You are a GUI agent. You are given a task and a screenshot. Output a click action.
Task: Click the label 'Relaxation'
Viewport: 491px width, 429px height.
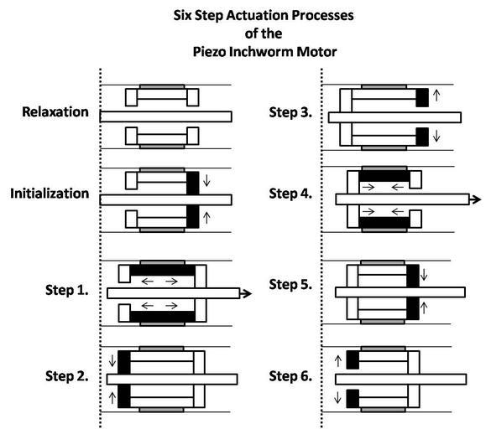[55, 112]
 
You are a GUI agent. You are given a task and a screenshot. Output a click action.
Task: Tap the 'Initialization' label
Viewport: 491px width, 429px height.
[50, 194]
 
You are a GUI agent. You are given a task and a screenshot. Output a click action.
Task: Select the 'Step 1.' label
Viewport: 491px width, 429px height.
[67, 290]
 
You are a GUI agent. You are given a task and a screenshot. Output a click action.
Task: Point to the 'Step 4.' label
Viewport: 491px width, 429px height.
[290, 194]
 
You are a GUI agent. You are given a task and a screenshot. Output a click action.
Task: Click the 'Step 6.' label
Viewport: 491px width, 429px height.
[290, 376]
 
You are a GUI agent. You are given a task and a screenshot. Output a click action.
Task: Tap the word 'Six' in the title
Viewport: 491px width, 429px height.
[183, 15]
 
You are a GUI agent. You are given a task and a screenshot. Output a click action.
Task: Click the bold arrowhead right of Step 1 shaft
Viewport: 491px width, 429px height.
[246, 293]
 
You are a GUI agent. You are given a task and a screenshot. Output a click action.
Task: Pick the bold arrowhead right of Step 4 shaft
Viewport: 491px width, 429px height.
[475, 199]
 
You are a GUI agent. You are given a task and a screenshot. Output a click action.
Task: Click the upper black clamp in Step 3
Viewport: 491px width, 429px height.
[422, 97]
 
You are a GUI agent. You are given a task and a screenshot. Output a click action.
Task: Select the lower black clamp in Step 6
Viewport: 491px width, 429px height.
[353, 399]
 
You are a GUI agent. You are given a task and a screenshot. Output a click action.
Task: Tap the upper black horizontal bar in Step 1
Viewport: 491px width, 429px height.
[163, 271]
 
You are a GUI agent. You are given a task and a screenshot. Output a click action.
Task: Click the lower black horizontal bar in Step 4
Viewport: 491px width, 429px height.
[384, 222]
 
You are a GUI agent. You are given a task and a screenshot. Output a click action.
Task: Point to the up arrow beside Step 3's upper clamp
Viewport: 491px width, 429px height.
[436, 96]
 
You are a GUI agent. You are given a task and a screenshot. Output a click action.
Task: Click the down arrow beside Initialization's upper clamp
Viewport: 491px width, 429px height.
[206, 181]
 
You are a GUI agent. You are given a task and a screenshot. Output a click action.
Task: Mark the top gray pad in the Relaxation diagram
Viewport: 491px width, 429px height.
[162, 86]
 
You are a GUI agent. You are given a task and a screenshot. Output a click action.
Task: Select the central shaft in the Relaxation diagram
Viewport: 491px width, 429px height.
[166, 116]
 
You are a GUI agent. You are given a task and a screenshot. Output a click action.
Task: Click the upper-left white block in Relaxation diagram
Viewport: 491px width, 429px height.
[131, 97]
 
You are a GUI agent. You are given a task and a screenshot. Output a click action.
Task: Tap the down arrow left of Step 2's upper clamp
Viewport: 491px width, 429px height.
[112, 360]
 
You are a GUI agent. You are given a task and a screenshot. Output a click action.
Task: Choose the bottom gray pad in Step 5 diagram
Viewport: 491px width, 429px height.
[383, 322]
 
